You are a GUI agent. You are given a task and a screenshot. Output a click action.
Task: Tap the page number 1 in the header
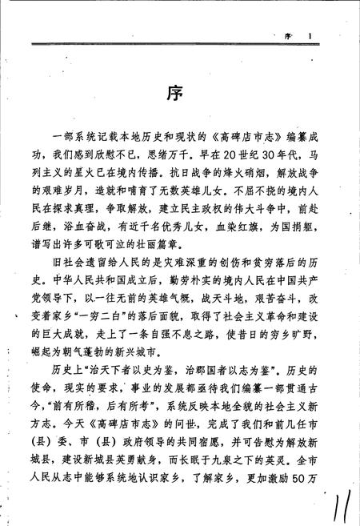coord(318,35)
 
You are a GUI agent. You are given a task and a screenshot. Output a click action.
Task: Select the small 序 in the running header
coord(289,35)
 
